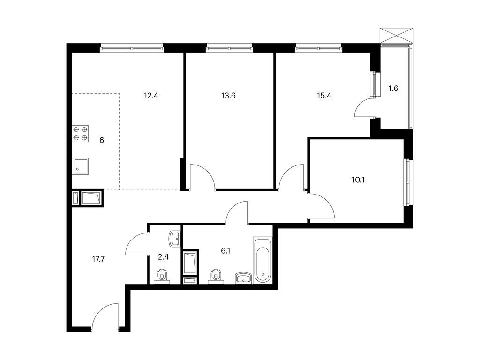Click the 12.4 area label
pyautogui.click(x=151, y=96)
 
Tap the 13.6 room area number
pyautogui.click(x=228, y=96)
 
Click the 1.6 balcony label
pyautogui.click(x=393, y=88)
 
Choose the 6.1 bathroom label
pyautogui.click(x=225, y=251)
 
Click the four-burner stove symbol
pyautogui.click(x=80, y=134)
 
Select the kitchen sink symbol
pyautogui.click(x=80, y=166)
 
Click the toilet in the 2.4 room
pyautogui.click(x=162, y=275)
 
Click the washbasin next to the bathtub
pyautogui.click(x=243, y=278)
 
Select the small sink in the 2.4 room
pyautogui.click(x=175, y=239)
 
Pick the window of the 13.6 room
pyautogui.click(x=229, y=47)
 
